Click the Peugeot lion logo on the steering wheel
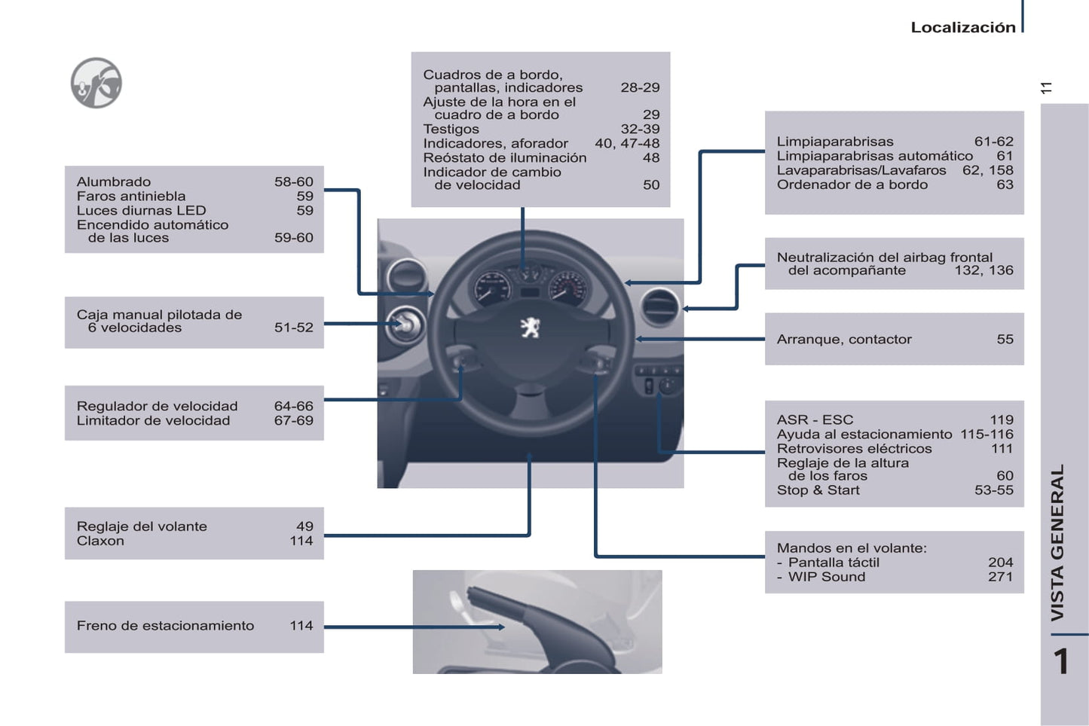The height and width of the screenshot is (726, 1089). [x=531, y=327]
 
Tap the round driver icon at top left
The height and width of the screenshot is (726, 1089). [x=96, y=83]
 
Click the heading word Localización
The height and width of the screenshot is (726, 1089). [x=962, y=28]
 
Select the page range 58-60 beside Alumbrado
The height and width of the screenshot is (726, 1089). [x=293, y=182]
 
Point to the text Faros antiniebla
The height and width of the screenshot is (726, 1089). [x=131, y=197]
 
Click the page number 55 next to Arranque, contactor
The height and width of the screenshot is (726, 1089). [x=1005, y=340]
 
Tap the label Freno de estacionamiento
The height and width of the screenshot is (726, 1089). [x=165, y=626]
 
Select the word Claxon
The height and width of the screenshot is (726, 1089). [x=100, y=541]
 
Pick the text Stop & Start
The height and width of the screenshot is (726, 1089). [x=818, y=490]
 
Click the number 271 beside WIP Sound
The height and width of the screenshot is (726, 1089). [x=1000, y=577]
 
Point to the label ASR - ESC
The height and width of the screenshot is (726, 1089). [x=815, y=420]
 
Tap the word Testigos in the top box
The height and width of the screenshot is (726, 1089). [x=451, y=130]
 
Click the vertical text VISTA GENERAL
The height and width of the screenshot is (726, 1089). [x=1058, y=542]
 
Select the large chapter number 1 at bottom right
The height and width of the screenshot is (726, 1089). [x=1061, y=662]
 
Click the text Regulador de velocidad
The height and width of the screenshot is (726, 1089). [x=157, y=407]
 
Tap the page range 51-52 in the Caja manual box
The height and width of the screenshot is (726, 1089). [x=293, y=328]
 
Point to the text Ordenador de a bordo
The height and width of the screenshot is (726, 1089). [x=852, y=185]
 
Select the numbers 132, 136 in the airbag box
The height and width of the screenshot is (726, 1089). [x=983, y=270]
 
